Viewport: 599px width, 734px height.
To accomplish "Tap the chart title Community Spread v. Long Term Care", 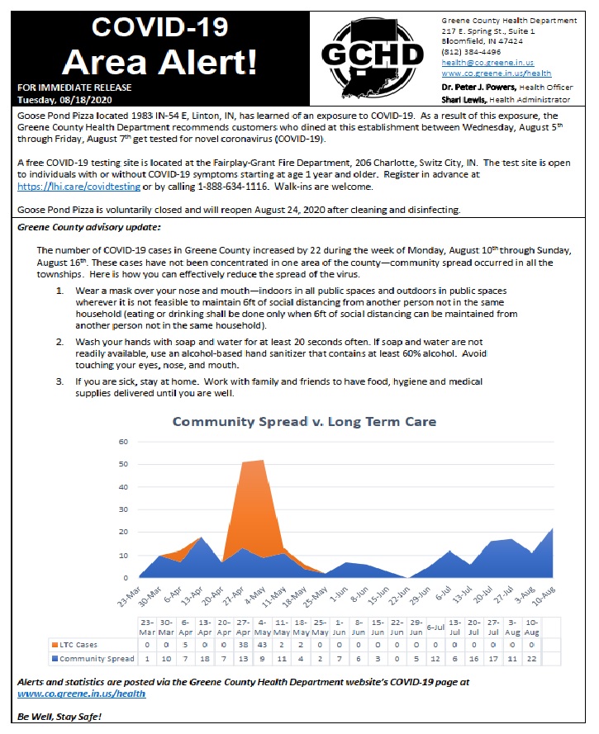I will pyautogui.click(x=304, y=422).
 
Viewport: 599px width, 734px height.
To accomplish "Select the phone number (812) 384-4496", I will pyautogui.click(x=466, y=51).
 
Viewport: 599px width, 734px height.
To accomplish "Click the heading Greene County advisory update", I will pyautogui.click(x=82, y=227).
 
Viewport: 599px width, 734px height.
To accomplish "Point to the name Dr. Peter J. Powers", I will pyautogui.click(x=480, y=88).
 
